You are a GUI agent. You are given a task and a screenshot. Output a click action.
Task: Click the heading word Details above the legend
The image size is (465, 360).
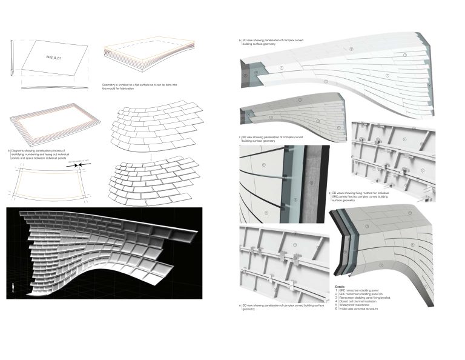340,286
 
